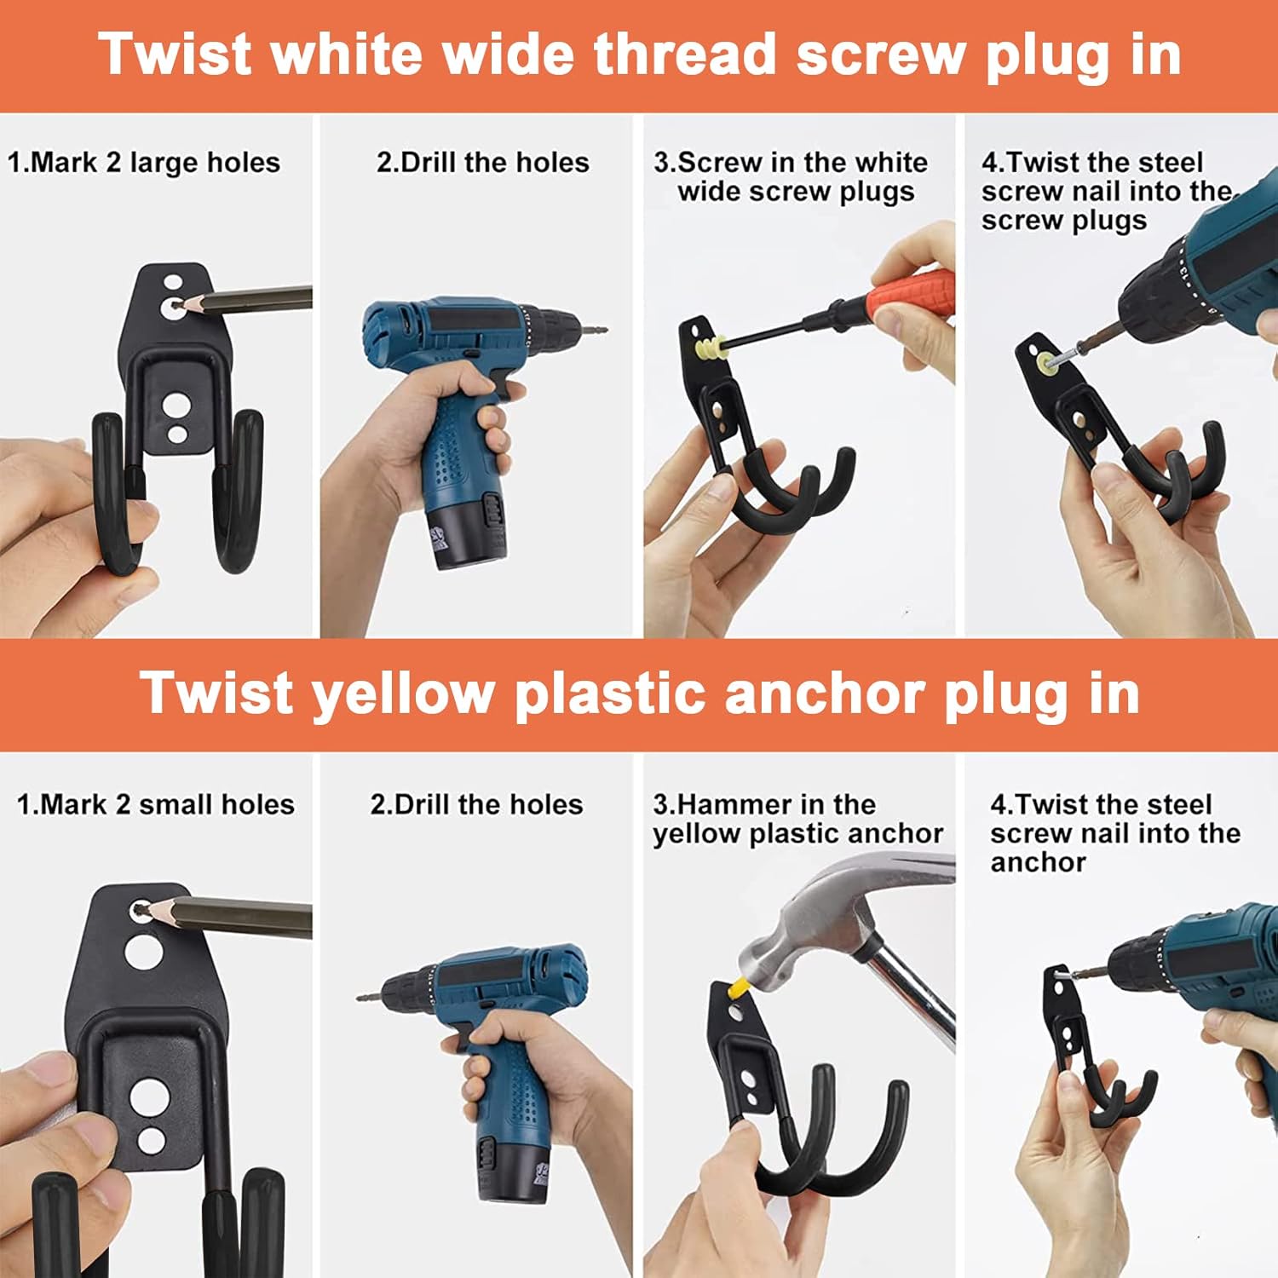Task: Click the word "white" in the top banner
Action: pos(346,55)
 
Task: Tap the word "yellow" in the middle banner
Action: pos(403,694)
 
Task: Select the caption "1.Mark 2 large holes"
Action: pos(144,162)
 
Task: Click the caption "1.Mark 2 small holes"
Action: pos(156,804)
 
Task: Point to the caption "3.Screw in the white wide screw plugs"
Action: pos(792,176)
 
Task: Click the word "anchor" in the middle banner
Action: pos(825,694)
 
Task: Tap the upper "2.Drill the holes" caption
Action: pos(483,162)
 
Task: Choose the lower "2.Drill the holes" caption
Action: pos(477,804)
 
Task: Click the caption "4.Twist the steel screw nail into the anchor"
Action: pos(1115,833)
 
